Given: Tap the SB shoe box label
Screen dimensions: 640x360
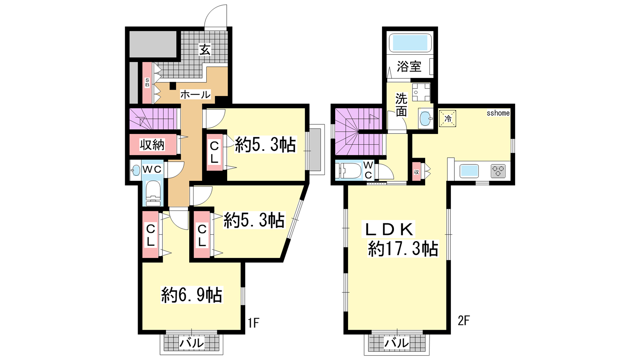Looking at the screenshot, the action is [x=147, y=82].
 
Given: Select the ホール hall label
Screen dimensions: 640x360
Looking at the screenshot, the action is [x=195, y=94].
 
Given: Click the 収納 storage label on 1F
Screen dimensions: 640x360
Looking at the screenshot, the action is [x=152, y=145].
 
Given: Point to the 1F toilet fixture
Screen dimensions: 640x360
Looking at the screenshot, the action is [x=153, y=193].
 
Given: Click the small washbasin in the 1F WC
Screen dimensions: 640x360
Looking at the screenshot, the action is [x=135, y=170].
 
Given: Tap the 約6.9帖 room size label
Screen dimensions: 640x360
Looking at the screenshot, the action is [x=192, y=294].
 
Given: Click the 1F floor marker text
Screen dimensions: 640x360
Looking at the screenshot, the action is [x=253, y=323].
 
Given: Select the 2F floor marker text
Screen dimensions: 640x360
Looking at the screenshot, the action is [x=464, y=320].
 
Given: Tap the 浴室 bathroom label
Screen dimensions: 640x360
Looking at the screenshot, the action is [x=409, y=66].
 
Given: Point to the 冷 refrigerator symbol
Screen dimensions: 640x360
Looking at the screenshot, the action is [x=448, y=118].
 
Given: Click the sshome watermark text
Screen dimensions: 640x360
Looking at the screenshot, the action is [x=498, y=113].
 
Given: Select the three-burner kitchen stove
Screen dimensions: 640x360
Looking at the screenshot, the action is [x=498, y=171].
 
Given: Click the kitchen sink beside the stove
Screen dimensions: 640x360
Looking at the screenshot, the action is [x=469, y=171].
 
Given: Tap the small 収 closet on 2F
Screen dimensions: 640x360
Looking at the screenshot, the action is [x=416, y=172].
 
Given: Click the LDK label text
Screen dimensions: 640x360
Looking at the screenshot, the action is [x=388, y=229].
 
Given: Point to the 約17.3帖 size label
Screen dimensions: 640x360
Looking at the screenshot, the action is [x=403, y=248].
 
